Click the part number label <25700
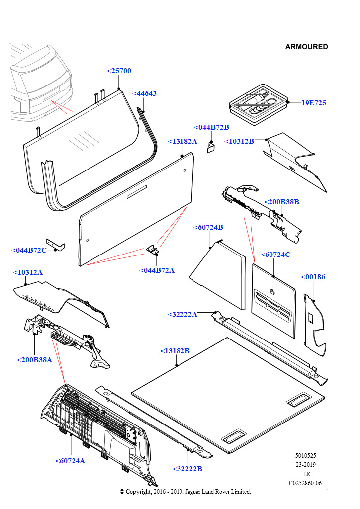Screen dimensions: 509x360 119,71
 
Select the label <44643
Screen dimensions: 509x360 145,93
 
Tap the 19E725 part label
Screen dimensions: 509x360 313,103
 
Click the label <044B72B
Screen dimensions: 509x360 211,127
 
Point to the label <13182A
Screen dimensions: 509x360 182,141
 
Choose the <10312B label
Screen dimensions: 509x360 239,141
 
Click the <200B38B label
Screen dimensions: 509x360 281,202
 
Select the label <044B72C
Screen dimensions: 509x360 29,250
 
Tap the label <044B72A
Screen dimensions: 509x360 157,270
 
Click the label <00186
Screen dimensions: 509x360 313,277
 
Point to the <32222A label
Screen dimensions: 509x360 182,314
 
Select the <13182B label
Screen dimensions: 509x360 175,351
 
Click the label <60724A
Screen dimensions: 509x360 70,461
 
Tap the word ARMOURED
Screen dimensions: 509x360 306,47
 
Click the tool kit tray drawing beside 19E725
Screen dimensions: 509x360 259,104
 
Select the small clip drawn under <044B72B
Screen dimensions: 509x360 210,147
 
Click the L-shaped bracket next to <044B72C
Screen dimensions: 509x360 56,244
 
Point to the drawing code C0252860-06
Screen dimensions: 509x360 305,483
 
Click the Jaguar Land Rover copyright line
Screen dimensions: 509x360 185,491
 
